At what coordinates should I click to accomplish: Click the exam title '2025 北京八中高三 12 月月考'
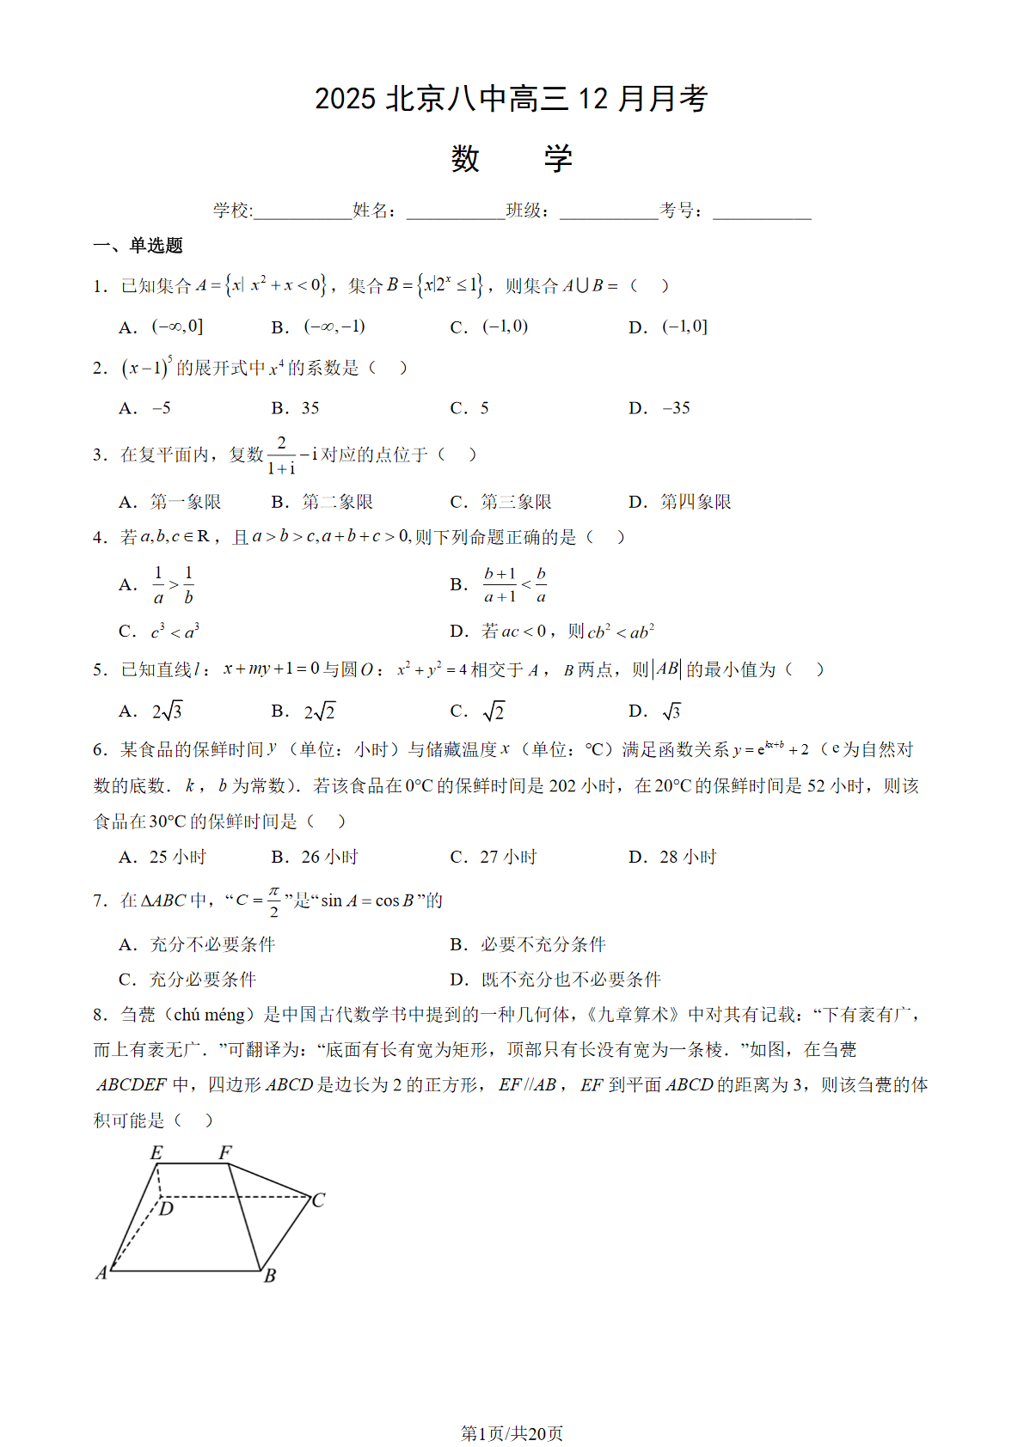pos(511,99)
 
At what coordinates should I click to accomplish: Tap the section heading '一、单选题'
pos(138,246)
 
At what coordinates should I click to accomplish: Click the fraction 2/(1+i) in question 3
pos(281,455)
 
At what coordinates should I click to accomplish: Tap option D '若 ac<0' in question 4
pos(567,632)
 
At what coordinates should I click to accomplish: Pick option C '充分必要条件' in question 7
pos(203,980)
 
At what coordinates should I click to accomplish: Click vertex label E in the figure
pos(156,1153)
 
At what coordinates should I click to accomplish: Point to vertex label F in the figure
pos(225,1152)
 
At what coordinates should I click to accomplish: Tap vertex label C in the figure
pos(318,1200)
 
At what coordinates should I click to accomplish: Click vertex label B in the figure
pos(270,1275)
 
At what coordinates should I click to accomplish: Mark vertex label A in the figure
pos(101,1273)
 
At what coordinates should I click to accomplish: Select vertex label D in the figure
pos(167,1209)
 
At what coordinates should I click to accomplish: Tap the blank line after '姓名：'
pos(456,212)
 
